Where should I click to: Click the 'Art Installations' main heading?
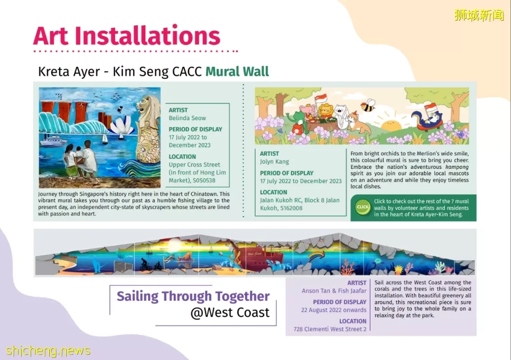pos(126,35)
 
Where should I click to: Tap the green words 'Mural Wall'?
pos(237,71)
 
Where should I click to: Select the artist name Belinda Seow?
pos(187,118)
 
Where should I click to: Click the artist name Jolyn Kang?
pos(274,162)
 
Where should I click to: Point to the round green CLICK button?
pos(362,207)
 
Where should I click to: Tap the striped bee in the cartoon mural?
pos(368,106)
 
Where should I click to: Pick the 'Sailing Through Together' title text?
pos(193,296)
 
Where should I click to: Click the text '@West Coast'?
pos(230,312)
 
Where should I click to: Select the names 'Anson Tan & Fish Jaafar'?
pos(334,290)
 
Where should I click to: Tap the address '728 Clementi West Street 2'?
pos(330,329)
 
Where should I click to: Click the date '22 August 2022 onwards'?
pos(334,310)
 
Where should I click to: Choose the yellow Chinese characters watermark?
pos(479,15)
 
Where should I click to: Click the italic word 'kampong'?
pos(457,167)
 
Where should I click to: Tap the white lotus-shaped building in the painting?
pos(122,126)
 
